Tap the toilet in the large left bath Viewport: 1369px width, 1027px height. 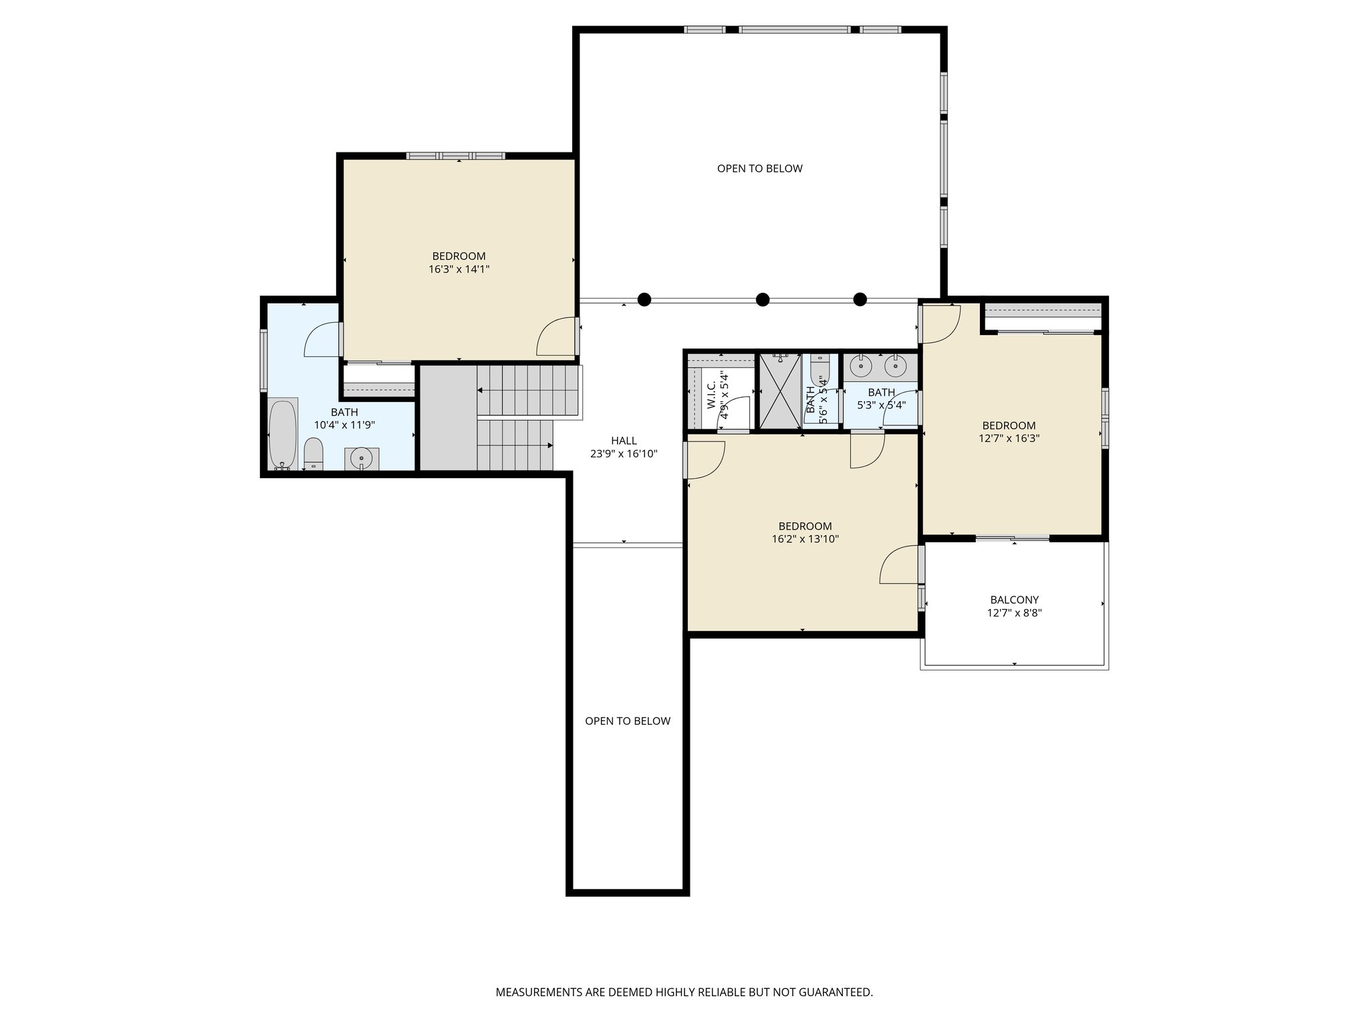tap(314, 454)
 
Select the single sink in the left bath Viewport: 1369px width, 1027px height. tap(362, 459)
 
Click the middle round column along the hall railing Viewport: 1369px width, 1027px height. tap(763, 300)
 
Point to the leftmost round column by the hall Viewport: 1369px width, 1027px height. tap(644, 300)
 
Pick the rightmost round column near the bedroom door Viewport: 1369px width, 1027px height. tap(860, 300)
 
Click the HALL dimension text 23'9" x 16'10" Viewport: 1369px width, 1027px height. tap(624, 453)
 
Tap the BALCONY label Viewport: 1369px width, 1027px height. tap(1014, 600)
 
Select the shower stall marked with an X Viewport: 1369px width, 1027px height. tap(779, 392)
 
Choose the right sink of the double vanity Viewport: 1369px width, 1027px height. tap(895, 366)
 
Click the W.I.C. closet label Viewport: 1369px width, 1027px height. tap(711, 395)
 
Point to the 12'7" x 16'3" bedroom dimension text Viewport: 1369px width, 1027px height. tap(1009, 439)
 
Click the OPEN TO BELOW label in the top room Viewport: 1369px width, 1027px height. tap(759, 168)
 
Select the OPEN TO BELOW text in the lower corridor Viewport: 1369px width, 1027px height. tap(627, 721)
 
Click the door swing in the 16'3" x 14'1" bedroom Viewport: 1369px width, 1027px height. tap(556, 338)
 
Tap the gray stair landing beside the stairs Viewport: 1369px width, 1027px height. tap(447, 417)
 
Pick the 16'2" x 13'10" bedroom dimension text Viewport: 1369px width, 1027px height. tap(805, 539)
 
